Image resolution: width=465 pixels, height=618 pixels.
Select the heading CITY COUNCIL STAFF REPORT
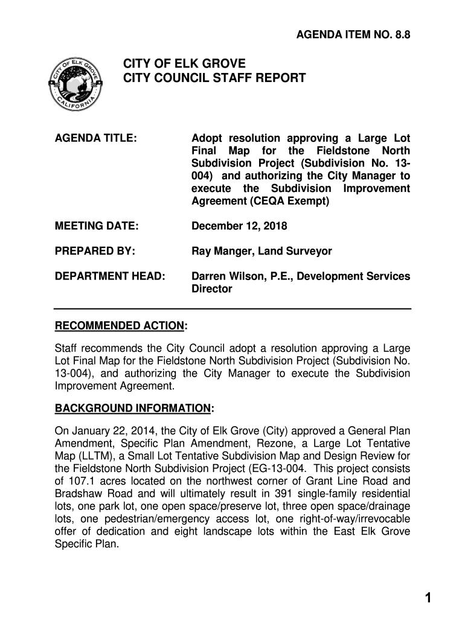coord(215,78)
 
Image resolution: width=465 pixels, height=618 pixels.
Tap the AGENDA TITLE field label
coord(96,139)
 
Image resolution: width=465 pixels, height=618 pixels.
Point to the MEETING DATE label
coord(97,226)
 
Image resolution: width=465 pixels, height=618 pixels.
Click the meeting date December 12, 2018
coord(239,226)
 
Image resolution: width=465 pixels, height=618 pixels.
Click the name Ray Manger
coord(220,251)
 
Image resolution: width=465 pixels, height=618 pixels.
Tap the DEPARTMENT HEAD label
coord(110,276)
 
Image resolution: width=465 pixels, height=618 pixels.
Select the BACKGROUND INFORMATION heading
coord(133,409)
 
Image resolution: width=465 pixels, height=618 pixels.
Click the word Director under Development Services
coord(211,289)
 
